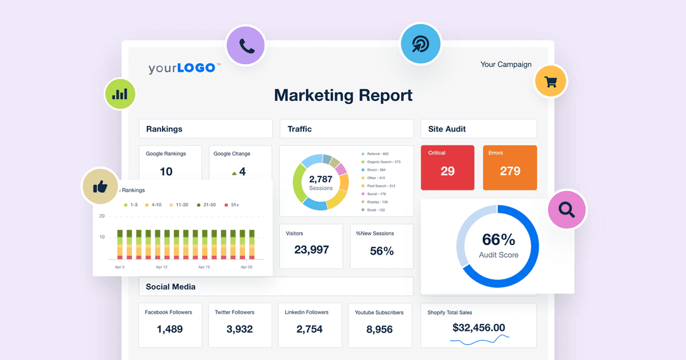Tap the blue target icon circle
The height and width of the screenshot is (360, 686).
click(420, 43)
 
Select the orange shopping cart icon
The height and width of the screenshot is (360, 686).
click(550, 82)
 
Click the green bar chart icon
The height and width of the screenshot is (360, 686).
click(120, 94)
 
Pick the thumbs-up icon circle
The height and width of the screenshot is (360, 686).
click(100, 187)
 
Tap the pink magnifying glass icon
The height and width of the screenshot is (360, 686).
click(567, 209)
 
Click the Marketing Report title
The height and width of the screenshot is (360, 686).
click(343, 95)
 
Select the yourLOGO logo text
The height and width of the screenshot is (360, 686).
click(184, 68)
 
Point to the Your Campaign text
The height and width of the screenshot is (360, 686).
click(506, 64)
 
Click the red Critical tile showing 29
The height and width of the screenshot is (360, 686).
click(447, 168)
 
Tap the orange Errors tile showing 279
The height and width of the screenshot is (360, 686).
click(509, 168)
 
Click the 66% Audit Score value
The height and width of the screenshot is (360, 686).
click(499, 239)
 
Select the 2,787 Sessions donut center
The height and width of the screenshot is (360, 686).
click(321, 183)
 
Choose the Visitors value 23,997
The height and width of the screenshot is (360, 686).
click(311, 250)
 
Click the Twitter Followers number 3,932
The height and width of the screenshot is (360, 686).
click(239, 329)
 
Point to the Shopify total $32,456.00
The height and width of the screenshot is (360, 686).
click(478, 328)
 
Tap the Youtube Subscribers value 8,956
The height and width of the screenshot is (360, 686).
click(379, 329)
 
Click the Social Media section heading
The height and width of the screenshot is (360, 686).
click(171, 286)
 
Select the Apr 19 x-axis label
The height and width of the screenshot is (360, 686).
click(203, 267)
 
